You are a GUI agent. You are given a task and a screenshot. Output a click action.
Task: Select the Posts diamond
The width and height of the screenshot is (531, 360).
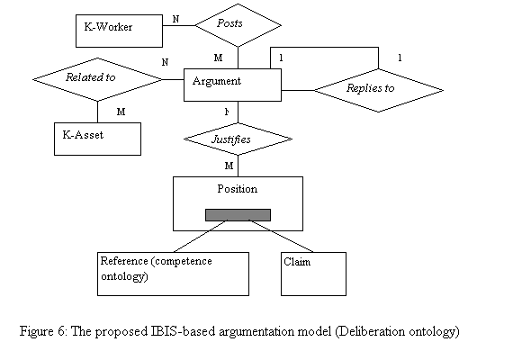click(238, 25)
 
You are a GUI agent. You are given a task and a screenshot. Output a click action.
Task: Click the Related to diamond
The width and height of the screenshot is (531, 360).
click(97, 79)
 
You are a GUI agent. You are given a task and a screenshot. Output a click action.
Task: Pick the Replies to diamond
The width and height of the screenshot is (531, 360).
click(378, 90)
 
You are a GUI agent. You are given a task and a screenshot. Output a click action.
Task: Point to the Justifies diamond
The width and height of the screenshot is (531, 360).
click(238, 139)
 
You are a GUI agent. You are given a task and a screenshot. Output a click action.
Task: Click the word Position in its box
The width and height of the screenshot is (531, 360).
click(237, 189)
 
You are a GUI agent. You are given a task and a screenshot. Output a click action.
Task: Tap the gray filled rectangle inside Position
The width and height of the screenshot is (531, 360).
click(238, 215)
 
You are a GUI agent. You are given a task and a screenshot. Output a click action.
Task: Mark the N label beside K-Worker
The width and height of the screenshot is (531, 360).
click(175, 19)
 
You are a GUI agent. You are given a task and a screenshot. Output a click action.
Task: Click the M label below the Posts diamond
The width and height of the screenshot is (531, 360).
click(219, 58)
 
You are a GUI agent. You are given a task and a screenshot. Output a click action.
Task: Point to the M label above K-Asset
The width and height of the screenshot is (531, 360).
click(121, 112)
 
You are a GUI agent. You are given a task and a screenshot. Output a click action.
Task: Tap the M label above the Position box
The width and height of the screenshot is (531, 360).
click(229, 166)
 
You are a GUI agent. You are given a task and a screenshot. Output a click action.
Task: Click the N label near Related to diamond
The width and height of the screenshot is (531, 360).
click(165, 62)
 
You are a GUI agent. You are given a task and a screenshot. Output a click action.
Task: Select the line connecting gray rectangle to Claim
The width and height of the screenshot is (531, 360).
click(281, 236)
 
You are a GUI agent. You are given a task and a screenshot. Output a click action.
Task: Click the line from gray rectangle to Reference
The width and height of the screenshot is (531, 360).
click(201, 236)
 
